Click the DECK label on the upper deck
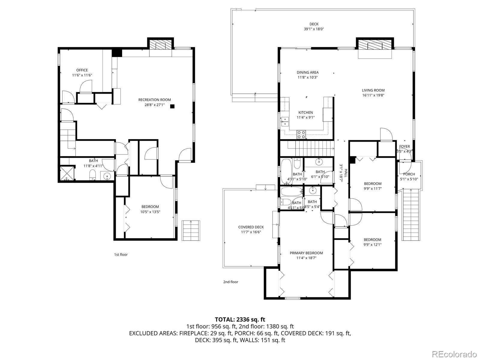[314, 24]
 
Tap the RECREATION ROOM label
[154, 100]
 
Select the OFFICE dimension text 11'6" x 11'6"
[82, 75]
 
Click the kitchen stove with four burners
[301, 135]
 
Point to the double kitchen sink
[284, 121]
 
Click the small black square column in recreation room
[172, 106]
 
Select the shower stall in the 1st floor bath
[67, 174]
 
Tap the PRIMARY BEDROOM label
[306, 253]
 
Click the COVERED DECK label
[251, 227]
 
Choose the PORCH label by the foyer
[409, 174]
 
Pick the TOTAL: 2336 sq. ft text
[240, 319]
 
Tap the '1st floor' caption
[121, 254]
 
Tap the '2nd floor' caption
[231, 282]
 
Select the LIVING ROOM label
[373, 90]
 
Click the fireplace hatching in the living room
[374, 45]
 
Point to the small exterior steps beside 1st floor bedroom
[191, 230]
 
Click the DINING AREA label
[307, 72]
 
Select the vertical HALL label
[346, 173]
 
